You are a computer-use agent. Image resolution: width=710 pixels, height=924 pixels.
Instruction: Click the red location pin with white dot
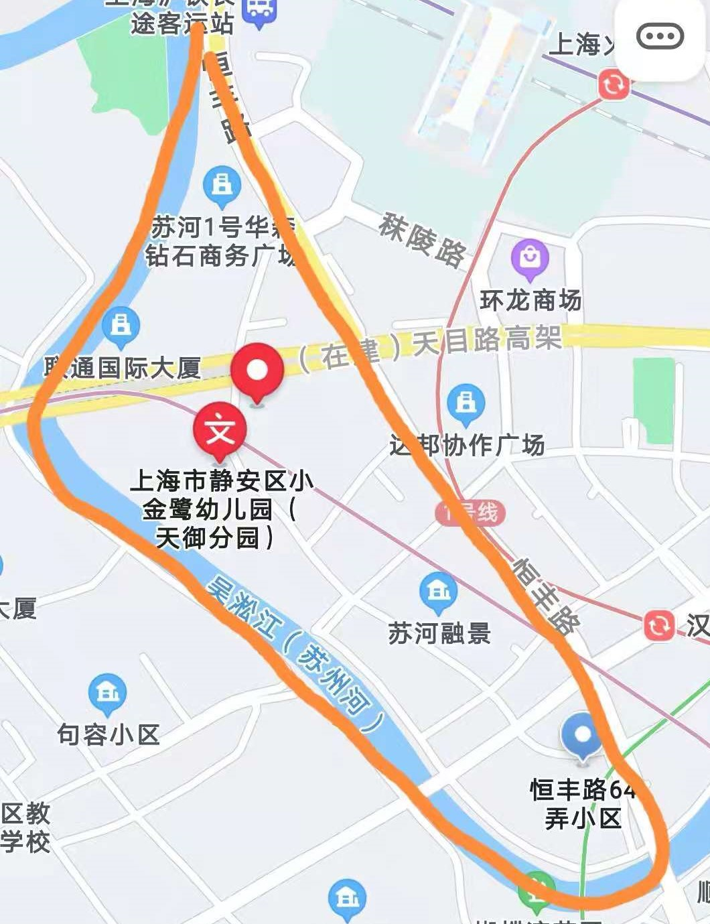[x=257, y=371]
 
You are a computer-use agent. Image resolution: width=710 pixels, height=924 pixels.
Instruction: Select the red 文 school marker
[x=220, y=430]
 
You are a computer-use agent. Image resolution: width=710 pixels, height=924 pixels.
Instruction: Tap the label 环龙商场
[x=530, y=300]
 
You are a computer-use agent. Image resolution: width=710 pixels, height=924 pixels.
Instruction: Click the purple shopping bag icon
[x=530, y=258]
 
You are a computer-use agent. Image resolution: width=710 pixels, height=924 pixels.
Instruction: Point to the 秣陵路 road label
[x=422, y=239]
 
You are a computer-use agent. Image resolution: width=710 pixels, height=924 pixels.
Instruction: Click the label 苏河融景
[x=439, y=633]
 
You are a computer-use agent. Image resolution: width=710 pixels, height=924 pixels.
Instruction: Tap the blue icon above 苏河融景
[x=439, y=592]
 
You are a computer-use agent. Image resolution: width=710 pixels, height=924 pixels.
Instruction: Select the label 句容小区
[x=109, y=734]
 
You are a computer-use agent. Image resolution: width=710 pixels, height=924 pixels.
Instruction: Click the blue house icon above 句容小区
[x=108, y=693]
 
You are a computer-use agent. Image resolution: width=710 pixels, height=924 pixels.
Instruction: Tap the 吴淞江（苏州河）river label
[x=295, y=653]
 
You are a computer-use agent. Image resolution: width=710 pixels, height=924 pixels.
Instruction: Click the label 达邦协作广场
[x=468, y=445]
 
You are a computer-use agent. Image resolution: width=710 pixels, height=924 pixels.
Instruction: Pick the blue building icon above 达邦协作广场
[x=466, y=403]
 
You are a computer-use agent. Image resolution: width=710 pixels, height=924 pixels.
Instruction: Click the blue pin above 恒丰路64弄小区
[x=583, y=735]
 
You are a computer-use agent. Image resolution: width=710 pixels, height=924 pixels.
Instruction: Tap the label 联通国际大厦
[x=123, y=367]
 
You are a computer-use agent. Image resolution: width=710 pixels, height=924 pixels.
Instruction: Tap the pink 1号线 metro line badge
[x=470, y=513]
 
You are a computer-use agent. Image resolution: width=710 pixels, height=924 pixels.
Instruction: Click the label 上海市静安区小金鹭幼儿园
[x=221, y=509]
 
